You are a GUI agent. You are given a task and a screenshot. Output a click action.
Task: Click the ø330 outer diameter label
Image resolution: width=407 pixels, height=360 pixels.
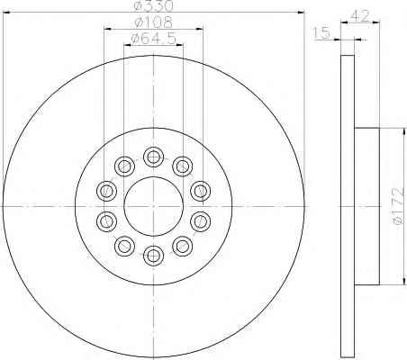pyautogui.click(x=154, y=5)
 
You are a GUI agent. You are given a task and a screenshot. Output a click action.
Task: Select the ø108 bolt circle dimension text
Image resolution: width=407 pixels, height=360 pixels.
pyautogui.click(x=154, y=22)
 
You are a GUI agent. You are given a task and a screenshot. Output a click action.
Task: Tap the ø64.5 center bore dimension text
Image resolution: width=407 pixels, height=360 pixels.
pyautogui.click(x=154, y=39)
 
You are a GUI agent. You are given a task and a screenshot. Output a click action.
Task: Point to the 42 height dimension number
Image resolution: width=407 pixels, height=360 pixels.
pyautogui.click(x=359, y=16)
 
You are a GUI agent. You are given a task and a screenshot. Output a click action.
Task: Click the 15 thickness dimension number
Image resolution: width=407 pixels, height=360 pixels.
pyautogui.click(x=321, y=32)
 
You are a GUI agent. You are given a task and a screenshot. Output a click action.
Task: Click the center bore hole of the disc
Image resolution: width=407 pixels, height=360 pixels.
pyautogui.click(x=154, y=206)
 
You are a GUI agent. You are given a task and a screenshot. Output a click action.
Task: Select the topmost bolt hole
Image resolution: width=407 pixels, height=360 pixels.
pyautogui.click(x=154, y=157)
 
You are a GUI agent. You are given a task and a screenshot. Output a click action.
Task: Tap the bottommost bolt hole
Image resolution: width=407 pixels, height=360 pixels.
pyautogui.click(x=154, y=256)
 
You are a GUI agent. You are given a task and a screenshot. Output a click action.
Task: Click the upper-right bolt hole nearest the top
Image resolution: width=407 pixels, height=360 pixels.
pyautogui.click(x=183, y=166)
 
